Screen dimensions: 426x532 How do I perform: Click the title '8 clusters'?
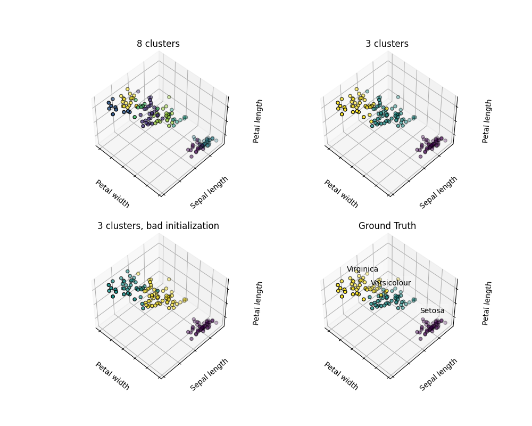(158, 44)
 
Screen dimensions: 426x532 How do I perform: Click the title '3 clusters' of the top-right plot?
(387, 44)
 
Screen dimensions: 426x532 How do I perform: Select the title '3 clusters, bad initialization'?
(158, 226)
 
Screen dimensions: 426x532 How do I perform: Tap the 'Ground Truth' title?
(387, 226)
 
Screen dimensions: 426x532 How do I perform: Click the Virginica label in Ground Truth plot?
(362, 269)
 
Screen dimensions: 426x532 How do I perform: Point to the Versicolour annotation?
(390, 283)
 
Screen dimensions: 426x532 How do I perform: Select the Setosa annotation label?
(432, 310)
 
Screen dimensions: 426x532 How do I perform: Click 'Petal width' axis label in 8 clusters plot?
(112, 194)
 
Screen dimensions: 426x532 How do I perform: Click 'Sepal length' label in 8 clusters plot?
(209, 192)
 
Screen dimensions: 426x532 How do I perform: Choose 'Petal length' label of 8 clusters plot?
(257, 121)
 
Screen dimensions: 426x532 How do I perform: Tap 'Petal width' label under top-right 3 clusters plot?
(341, 194)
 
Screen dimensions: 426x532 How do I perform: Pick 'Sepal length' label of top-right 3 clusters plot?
(438, 192)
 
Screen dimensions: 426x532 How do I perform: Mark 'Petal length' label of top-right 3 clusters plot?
(487, 121)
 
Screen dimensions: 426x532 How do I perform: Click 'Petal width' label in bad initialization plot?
(112, 376)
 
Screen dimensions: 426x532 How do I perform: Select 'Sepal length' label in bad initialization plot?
(209, 374)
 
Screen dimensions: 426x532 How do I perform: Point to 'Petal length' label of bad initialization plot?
(257, 303)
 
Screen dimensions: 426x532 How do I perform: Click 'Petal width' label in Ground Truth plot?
(341, 376)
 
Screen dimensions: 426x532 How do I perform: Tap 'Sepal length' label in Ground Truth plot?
(438, 374)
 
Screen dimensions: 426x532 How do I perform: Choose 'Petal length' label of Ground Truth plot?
(487, 303)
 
